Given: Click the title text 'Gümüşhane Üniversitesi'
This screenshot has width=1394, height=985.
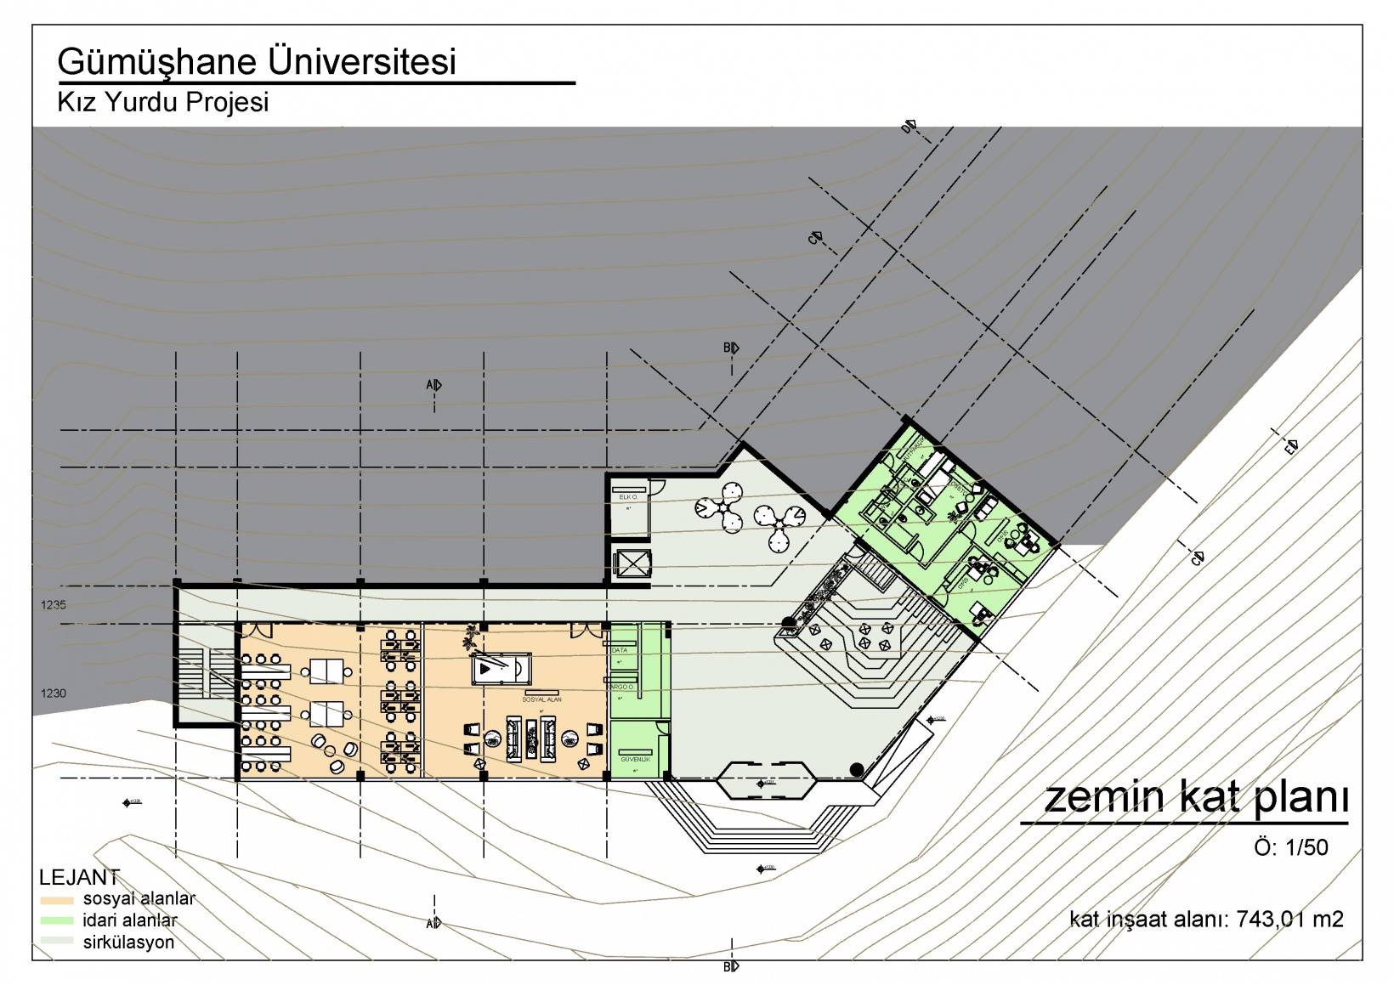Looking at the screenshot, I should [x=257, y=62].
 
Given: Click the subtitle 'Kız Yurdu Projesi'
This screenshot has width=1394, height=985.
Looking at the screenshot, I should [x=162, y=102].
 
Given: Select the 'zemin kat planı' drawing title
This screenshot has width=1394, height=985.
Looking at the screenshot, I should [x=1195, y=797].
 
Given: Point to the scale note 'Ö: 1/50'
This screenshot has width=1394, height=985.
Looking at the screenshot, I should [x=1290, y=847].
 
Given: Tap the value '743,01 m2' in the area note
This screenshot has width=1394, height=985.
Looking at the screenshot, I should [x=1289, y=919].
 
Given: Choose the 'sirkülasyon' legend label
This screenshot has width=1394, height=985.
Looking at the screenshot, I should [x=128, y=943].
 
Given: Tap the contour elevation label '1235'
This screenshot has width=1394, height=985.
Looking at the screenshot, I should [x=53, y=605].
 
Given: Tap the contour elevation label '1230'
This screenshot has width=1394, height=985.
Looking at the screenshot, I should [x=53, y=693].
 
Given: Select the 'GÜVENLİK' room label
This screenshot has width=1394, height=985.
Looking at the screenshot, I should [x=635, y=759].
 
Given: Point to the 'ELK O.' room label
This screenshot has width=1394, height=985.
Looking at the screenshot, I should [x=628, y=496].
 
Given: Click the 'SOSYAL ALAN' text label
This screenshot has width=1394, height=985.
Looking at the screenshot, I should [x=541, y=699].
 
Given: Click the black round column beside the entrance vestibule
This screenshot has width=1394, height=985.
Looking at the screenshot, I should [x=857, y=770].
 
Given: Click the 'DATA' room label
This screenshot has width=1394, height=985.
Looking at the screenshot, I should [x=620, y=650].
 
